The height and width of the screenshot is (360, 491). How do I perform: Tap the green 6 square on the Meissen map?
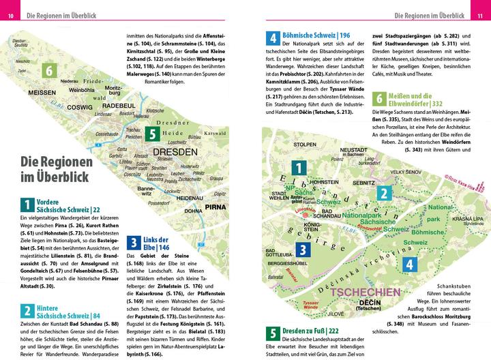click(x=48, y=70)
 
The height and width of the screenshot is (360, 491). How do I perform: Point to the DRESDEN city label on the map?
click(x=175, y=151)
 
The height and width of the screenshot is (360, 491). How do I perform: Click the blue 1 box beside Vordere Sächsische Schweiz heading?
click(x=27, y=205)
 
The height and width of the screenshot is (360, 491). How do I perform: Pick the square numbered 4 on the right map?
click(x=408, y=264)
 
